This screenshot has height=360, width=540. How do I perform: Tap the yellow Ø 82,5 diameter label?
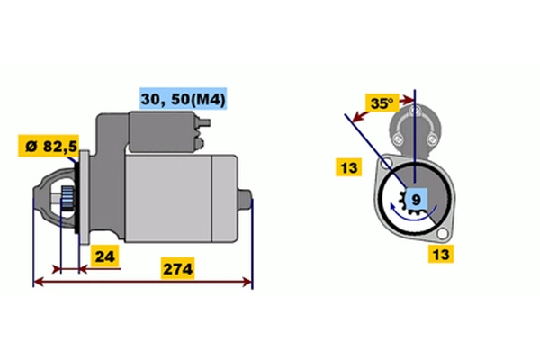(47, 146)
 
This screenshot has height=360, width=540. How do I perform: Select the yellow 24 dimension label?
(105, 256)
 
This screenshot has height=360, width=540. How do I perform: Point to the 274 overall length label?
(177, 268)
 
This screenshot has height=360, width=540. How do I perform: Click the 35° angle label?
(382, 103)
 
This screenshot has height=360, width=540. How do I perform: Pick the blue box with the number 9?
(415, 198)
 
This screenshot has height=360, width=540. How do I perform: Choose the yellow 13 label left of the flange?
(348, 166)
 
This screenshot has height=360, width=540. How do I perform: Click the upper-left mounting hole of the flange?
(385, 164)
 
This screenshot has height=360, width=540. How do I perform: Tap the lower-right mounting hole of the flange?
(443, 236)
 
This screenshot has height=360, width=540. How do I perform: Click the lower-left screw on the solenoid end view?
(398, 139)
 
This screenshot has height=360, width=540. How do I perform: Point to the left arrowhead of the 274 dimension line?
(37, 283)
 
